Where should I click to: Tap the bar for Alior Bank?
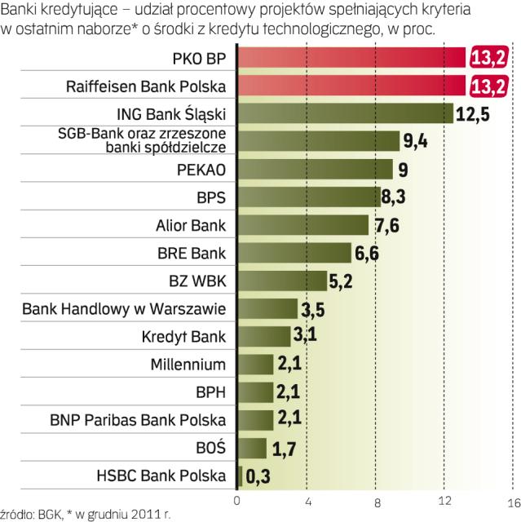pyautogui.click(x=302, y=224)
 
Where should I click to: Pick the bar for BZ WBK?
pyautogui.click(x=281, y=281)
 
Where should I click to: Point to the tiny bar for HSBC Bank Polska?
pyautogui.click(x=240, y=476)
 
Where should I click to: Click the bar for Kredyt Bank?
pyautogui.click(x=263, y=336)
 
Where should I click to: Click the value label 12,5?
pyautogui.click(x=472, y=113)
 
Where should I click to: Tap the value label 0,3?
pyautogui.click(x=258, y=476)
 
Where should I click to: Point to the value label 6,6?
pyautogui.click(x=366, y=253)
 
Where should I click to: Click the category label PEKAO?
pyautogui.click(x=203, y=170)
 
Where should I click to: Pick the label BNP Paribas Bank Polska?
pyautogui.click(x=138, y=421)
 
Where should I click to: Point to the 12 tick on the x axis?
pyautogui.click(x=444, y=500)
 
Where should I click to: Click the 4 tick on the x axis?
pyautogui.click(x=307, y=500)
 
